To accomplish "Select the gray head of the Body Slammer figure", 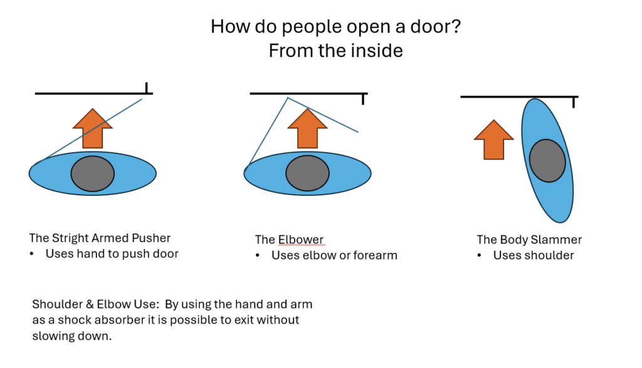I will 547,160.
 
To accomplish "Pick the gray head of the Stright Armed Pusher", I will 92,173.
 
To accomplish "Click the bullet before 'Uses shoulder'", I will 480,255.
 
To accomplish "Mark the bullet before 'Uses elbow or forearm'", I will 258,255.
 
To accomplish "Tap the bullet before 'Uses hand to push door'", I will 32,253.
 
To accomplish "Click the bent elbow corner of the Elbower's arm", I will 287,98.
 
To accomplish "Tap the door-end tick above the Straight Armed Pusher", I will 146,88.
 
